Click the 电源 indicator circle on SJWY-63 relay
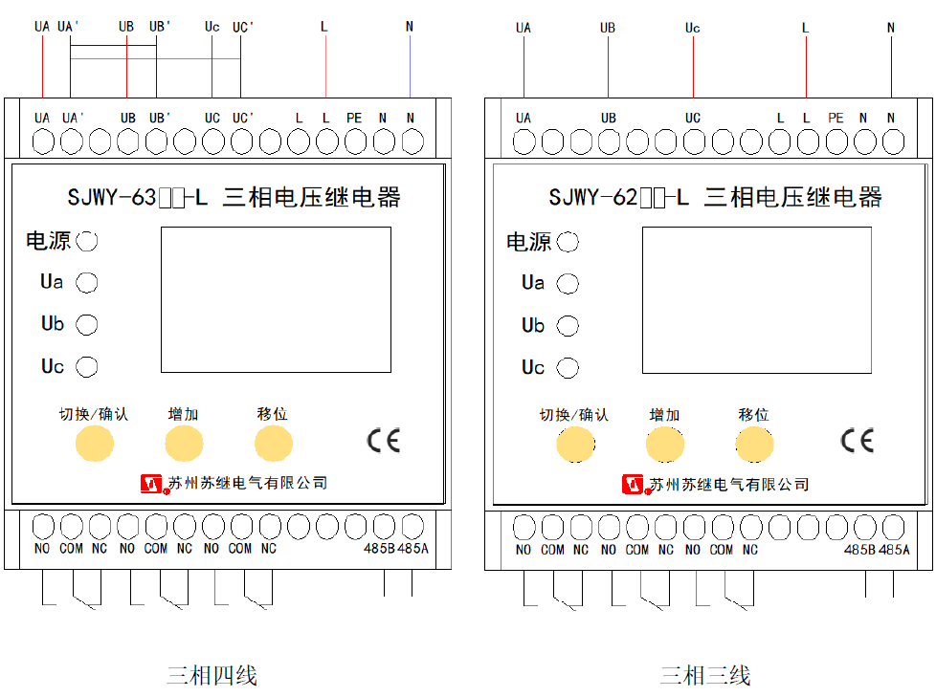pos(87,241)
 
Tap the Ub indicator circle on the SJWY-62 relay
pos(568,325)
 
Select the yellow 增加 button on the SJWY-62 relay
pos(665,445)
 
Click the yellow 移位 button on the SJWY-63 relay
pos(274,444)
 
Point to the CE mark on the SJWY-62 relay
pos(858,441)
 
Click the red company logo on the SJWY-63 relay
pos(152,484)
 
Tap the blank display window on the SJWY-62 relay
pos(757,300)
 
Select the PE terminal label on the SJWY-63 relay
pos(354,118)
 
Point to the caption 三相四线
pos(212,676)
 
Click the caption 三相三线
pos(705,676)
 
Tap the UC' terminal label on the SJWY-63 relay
pos(242,118)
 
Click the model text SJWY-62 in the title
pos(593,197)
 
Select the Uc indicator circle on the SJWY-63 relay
pos(87,367)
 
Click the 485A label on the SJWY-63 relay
pos(413,548)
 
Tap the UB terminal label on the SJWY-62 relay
pos(609,118)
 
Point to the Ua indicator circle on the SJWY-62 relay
pos(568,284)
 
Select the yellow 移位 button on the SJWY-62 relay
pos(754,445)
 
